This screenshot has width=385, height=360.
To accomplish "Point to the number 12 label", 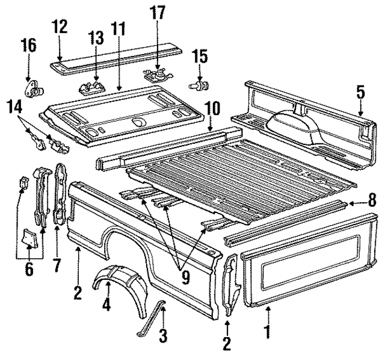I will tap(59, 27).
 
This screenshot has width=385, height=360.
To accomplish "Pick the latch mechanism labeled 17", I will tap(156, 75).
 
